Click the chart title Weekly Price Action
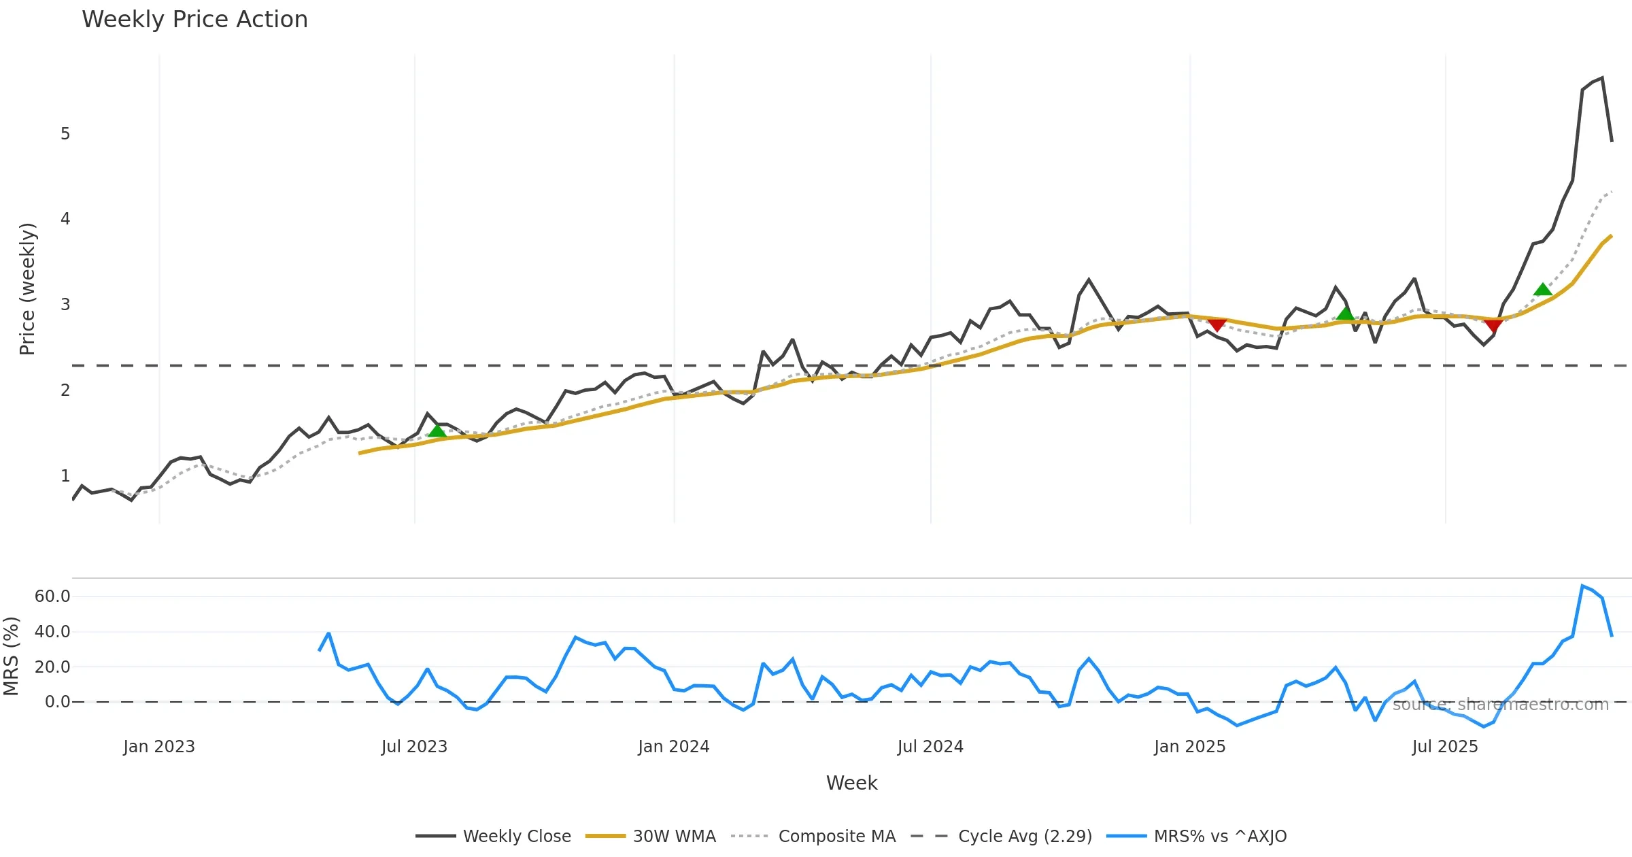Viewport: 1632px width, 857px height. pos(194,20)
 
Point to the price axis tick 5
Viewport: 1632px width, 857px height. pos(65,134)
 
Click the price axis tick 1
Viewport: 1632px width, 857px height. pos(65,476)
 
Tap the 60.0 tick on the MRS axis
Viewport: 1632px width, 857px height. pos(52,596)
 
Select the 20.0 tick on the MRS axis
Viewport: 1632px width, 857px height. pos(52,667)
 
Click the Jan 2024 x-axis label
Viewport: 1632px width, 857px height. pos(673,747)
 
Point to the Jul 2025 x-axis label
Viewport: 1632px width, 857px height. pos(1445,747)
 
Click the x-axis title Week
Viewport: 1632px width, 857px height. pos(851,783)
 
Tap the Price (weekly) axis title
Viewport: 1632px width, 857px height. pos(27,289)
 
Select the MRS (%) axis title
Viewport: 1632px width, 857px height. pos(11,656)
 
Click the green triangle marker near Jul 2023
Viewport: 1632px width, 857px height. pos(437,431)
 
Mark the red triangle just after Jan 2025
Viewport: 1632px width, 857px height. pos(1217,324)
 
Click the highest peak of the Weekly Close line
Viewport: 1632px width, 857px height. pos(1602,78)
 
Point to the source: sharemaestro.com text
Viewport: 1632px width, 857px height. pos(1500,705)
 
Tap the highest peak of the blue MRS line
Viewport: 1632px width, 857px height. pos(1582,586)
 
